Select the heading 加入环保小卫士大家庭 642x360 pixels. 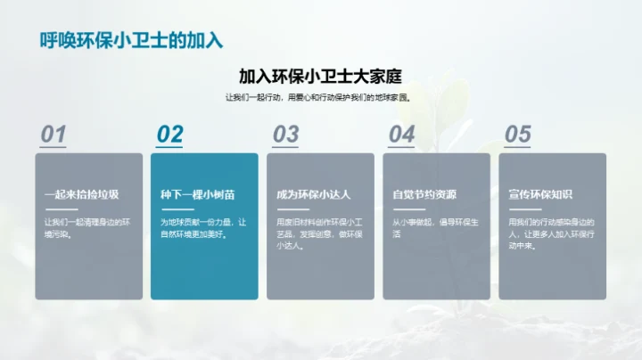tap(320, 77)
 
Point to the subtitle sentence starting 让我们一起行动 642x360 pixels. tap(320, 98)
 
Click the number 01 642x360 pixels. tap(53, 134)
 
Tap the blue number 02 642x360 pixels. tap(169, 134)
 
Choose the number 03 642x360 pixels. tap(285, 134)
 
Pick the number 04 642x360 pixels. tap(401, 134)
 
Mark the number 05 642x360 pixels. tap(517, 134)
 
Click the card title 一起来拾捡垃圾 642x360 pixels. tap(81, 194)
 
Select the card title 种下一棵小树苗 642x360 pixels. tap(197, 194)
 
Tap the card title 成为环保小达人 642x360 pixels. tap(313, 194)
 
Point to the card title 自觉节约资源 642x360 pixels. tap(424, 194)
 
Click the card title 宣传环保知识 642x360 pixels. tap(540, 194)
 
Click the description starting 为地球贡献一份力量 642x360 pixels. tap(202, 228)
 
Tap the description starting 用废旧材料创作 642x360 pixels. tap(318, 233)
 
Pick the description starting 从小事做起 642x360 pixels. tap(434, 228)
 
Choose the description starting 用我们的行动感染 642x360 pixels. tap(550, 233)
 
